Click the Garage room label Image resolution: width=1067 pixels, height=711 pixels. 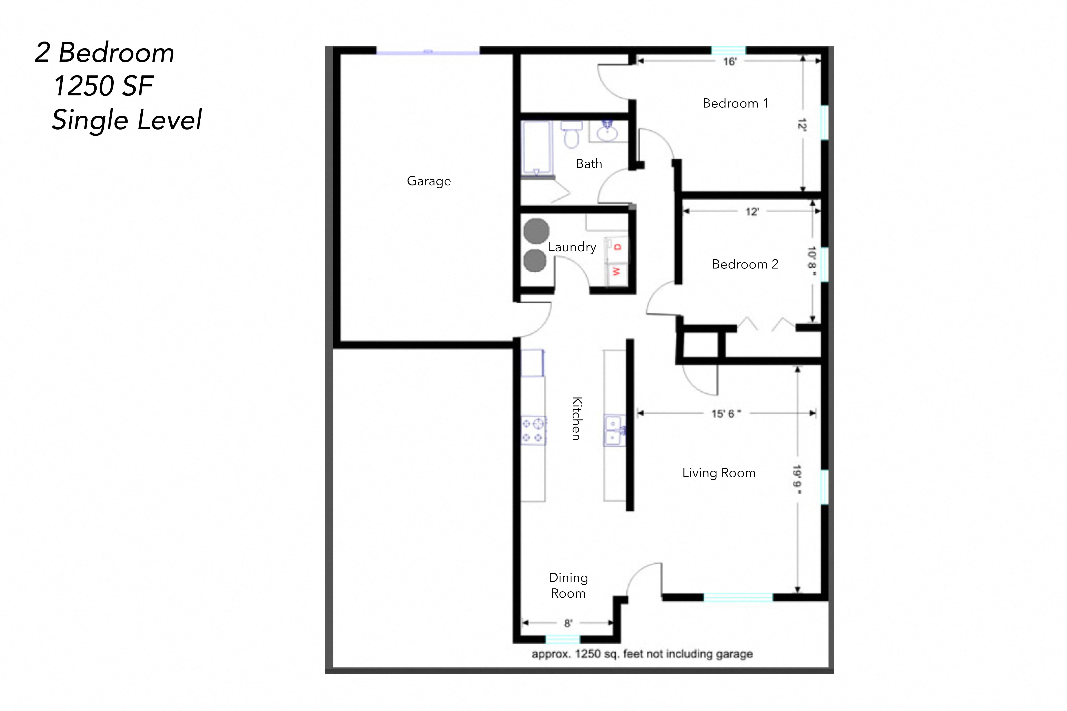[429, 181]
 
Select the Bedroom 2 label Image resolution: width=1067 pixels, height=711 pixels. [745, 264]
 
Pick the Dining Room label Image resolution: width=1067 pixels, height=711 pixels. [568, 586]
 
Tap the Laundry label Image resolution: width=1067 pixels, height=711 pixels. [572, 247]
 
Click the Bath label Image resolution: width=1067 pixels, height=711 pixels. [589, 164]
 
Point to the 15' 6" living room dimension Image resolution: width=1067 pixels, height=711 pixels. [726, 414]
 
